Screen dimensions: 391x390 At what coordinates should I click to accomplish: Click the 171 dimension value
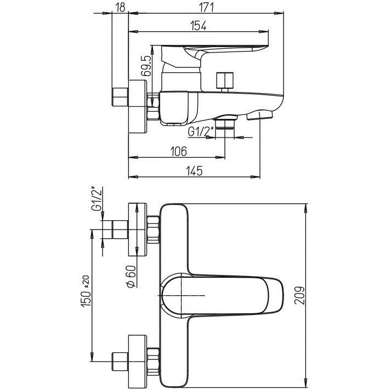(x=206, y=8)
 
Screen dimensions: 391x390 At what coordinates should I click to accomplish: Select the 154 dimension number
(x=199, y=26)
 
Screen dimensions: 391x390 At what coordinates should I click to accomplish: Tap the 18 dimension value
(x=121, y=8)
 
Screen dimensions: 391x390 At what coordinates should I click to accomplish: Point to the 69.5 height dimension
(x=146, y=66)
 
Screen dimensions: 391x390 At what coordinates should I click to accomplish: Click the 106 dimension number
(x=178, y=151)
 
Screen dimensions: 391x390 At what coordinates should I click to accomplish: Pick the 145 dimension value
(x=195, y=171)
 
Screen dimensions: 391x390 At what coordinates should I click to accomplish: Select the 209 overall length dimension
(x=299, y=295)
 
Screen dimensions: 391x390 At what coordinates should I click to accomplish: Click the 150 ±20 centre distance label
(x=86, y=291)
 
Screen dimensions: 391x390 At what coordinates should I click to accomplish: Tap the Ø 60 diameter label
(x=131, y=277)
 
